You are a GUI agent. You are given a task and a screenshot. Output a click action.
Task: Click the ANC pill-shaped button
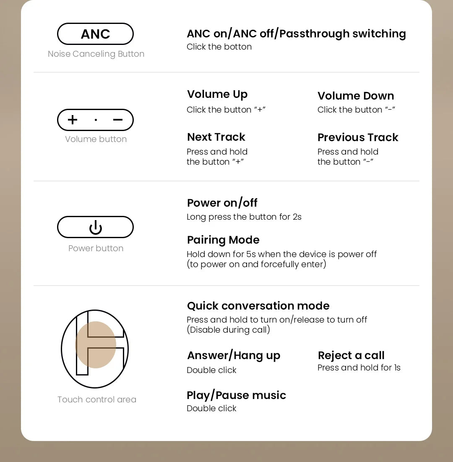tap(95, 34)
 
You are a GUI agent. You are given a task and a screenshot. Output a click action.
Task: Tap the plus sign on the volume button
tap(73, 120)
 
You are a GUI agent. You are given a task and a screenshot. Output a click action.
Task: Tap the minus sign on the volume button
tap(118, 120)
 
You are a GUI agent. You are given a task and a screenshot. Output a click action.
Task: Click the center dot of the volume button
tap(96, 120)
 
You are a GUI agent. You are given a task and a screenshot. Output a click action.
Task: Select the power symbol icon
tap(95, 227)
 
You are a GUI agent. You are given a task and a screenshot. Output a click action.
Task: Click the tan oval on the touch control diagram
tap(96, 345)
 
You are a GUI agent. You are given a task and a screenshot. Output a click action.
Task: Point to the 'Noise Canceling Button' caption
tap(96, 54)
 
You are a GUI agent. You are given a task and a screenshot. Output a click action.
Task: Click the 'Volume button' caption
tap(96, 139)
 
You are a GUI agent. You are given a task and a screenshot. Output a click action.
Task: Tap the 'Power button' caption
tap(96, 248)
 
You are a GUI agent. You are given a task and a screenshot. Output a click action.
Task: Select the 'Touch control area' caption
tap(97, 399)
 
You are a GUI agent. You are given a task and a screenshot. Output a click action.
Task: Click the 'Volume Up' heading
tap(217, 94)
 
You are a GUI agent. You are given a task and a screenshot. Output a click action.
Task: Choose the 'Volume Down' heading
tap(356, 96)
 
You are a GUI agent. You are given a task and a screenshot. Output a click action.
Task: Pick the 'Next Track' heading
tap(216, 137)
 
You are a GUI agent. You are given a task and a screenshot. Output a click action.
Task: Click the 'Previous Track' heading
tap(358, 137)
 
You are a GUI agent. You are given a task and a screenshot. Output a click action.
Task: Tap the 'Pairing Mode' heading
tap(223, 240)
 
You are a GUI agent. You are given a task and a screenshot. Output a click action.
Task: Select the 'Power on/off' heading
tap(222, 203)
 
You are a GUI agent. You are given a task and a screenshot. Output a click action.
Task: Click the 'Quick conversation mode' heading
tap(258, 306)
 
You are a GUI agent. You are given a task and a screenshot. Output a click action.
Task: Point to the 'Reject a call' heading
tap(351, 355)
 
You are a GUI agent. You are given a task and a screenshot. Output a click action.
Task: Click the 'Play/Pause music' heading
tap(236, 395)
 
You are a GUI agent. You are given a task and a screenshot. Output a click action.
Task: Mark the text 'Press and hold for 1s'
tap(359, 367)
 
